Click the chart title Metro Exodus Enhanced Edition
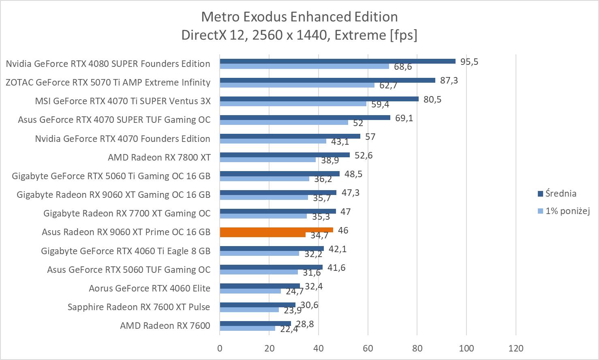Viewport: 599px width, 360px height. click(299, 17)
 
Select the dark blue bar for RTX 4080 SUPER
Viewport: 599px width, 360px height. click(338, 61)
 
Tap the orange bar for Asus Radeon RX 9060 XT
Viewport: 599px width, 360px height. click(276, 230)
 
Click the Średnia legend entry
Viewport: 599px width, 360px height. click(560, 194)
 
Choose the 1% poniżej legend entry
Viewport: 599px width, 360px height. click(567, 211)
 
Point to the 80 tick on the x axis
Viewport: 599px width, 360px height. click(417, 348)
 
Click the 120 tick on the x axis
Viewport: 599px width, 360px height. click(516, 348)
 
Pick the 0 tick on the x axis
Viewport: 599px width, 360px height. click(220, 348)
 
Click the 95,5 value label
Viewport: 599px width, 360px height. click(469, 62)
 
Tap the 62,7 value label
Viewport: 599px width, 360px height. click(388, 86)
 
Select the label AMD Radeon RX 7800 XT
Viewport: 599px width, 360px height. click(159, 157)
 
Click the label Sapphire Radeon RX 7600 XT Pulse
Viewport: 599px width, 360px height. click(139, 307)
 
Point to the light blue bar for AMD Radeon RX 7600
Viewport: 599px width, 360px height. click(247, 328)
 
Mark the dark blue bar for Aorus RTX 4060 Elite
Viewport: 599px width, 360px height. click(260, 286)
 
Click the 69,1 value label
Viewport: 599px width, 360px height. click(404, 118)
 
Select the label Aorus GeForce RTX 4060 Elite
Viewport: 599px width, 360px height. click(150, 288)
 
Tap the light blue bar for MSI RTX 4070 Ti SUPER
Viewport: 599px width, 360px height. click(293, 104)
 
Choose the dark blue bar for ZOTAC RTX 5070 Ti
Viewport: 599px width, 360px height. click(327, 80)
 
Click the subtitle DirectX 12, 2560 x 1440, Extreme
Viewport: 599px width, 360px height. click(299, 35)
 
